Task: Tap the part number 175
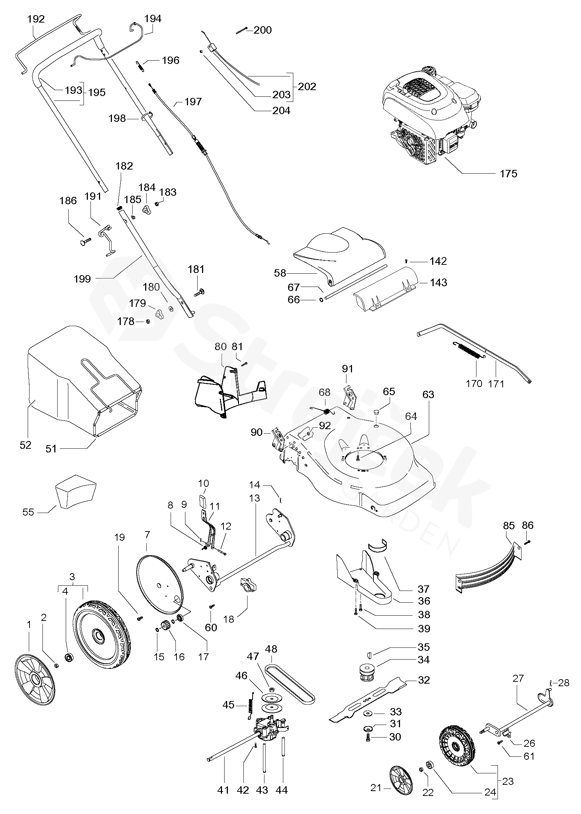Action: tap(508, 174)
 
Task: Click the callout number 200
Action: tap(263, 30)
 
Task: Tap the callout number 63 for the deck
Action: tap(428, 394)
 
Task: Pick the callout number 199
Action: tap(82, 279)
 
